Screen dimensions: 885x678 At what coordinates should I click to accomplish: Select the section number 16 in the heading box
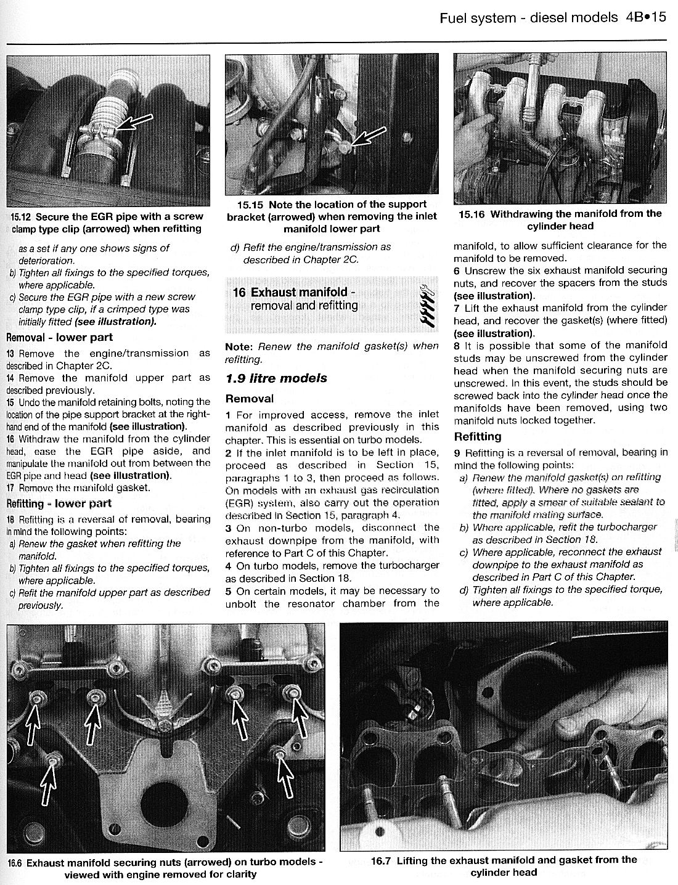tap(239, 292)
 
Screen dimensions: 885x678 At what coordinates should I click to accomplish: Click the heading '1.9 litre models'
tap(276, 378)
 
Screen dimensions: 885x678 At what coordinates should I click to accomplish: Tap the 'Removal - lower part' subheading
tap(59, 337)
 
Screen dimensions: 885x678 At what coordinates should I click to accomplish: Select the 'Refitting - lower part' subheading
tap(59, 504)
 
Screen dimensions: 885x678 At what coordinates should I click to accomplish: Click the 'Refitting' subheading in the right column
tap(478, 436)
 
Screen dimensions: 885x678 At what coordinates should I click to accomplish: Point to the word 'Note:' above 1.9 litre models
tap(239, 346)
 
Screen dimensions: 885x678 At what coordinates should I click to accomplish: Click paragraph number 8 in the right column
tap(457, 345)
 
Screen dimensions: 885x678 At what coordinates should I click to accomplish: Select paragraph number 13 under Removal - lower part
tap(10, 354)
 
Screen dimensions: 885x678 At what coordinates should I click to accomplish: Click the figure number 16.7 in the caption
tap(382, 860)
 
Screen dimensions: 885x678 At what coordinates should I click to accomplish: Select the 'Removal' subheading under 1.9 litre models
tap(250, 398)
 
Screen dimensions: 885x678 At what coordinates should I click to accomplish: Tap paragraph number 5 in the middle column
tap(229, 590)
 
